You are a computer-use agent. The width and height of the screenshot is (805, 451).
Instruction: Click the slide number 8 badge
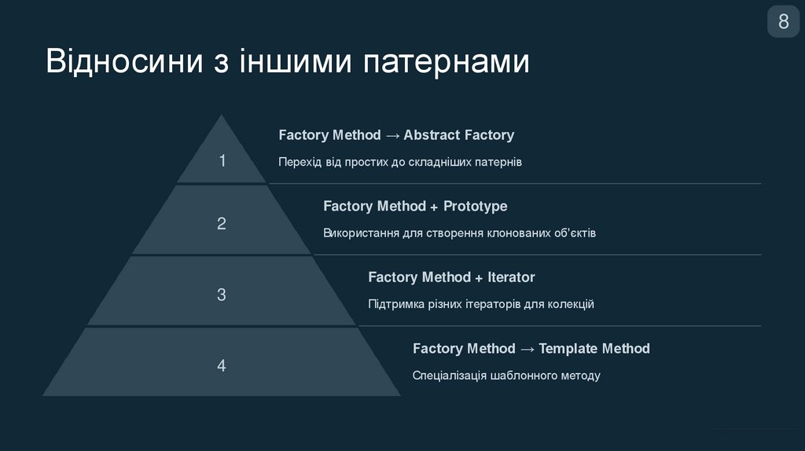[x=783, y=22]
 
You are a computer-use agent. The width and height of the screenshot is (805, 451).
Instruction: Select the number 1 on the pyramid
[x=222, y=161]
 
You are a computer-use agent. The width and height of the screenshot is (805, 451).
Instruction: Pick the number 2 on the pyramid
[x=222, y=224]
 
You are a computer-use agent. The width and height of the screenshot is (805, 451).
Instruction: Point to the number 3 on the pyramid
[x=222, y=295]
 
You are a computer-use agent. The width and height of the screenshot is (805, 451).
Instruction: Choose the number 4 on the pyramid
[x=222, y=366]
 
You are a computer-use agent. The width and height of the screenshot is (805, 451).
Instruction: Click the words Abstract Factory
[x=459, y=135]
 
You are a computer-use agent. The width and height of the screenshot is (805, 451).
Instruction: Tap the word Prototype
[x=476, y=207]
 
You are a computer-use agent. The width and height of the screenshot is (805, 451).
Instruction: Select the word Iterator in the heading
[x=511, y=277]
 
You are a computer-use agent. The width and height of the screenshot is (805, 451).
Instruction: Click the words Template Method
[x=594, y=348]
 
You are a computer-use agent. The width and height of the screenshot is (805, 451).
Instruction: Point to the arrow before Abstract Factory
[x=392, y=135]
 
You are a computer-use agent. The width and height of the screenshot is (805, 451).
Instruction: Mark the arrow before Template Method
[x=527, y=348]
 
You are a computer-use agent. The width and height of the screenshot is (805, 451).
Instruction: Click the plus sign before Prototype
[x=434, y=207]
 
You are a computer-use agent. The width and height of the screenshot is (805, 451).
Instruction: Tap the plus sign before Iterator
[x=479, y=277]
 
